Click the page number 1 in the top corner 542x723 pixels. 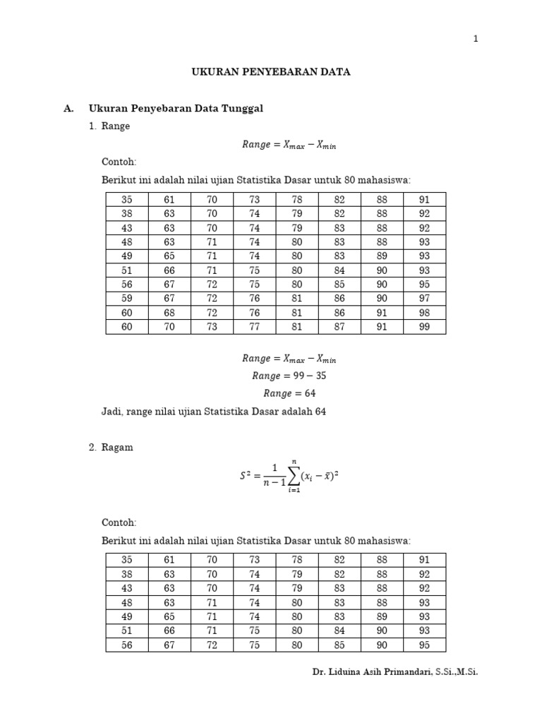[476, 39]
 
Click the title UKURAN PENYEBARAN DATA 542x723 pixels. [271, 72]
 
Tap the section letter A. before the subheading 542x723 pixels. [68, 108]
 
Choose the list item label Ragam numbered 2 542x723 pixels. [117, 448]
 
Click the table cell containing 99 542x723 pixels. [424, 326]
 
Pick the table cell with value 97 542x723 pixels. [424, 298]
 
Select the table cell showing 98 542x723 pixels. [424, 312]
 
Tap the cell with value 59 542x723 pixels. [127, 298]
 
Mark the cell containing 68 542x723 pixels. [169, 312]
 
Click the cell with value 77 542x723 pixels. [254, 326]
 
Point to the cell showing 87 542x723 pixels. [339, 326]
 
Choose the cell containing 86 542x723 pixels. [339, 312]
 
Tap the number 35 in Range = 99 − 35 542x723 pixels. [320, 376]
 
